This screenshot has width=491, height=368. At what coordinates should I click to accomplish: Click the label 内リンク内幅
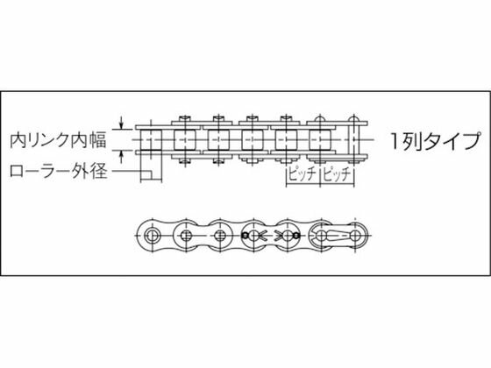click(x=58, y=140)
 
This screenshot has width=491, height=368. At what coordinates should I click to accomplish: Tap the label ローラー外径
click(x=59, y=171)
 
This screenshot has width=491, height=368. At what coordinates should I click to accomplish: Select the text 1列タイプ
click(x=435, y=141)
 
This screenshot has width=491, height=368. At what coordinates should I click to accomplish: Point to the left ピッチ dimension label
click(x=302, y=174)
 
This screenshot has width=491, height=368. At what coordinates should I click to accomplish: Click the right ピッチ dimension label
click(x=337, y=174)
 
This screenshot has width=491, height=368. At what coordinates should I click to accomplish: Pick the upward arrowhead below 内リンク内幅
click(x=122, y=154)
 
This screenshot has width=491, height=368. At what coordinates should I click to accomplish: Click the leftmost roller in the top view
click(x=151, y=140)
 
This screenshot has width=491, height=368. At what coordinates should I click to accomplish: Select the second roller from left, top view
click(x=185, y=140)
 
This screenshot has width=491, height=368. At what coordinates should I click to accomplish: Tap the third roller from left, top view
click(x=218, y=140)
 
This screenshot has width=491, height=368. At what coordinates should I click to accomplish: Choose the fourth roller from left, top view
click(x=253, y=140)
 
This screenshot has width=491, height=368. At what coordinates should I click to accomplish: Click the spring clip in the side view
click(x=334, y=236)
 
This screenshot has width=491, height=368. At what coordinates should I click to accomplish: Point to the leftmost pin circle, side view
click(x=152, y=236)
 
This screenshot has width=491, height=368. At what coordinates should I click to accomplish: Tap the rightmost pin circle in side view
click(x=355, y=236)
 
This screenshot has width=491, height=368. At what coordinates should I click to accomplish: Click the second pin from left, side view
click(x=186, y=236)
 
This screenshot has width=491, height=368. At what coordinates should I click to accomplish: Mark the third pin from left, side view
click(x=220, y=236)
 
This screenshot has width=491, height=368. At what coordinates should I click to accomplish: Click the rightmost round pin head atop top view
click(x=353, y=119)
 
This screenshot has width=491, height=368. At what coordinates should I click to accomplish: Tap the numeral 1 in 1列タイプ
click(x=395, y=141)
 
